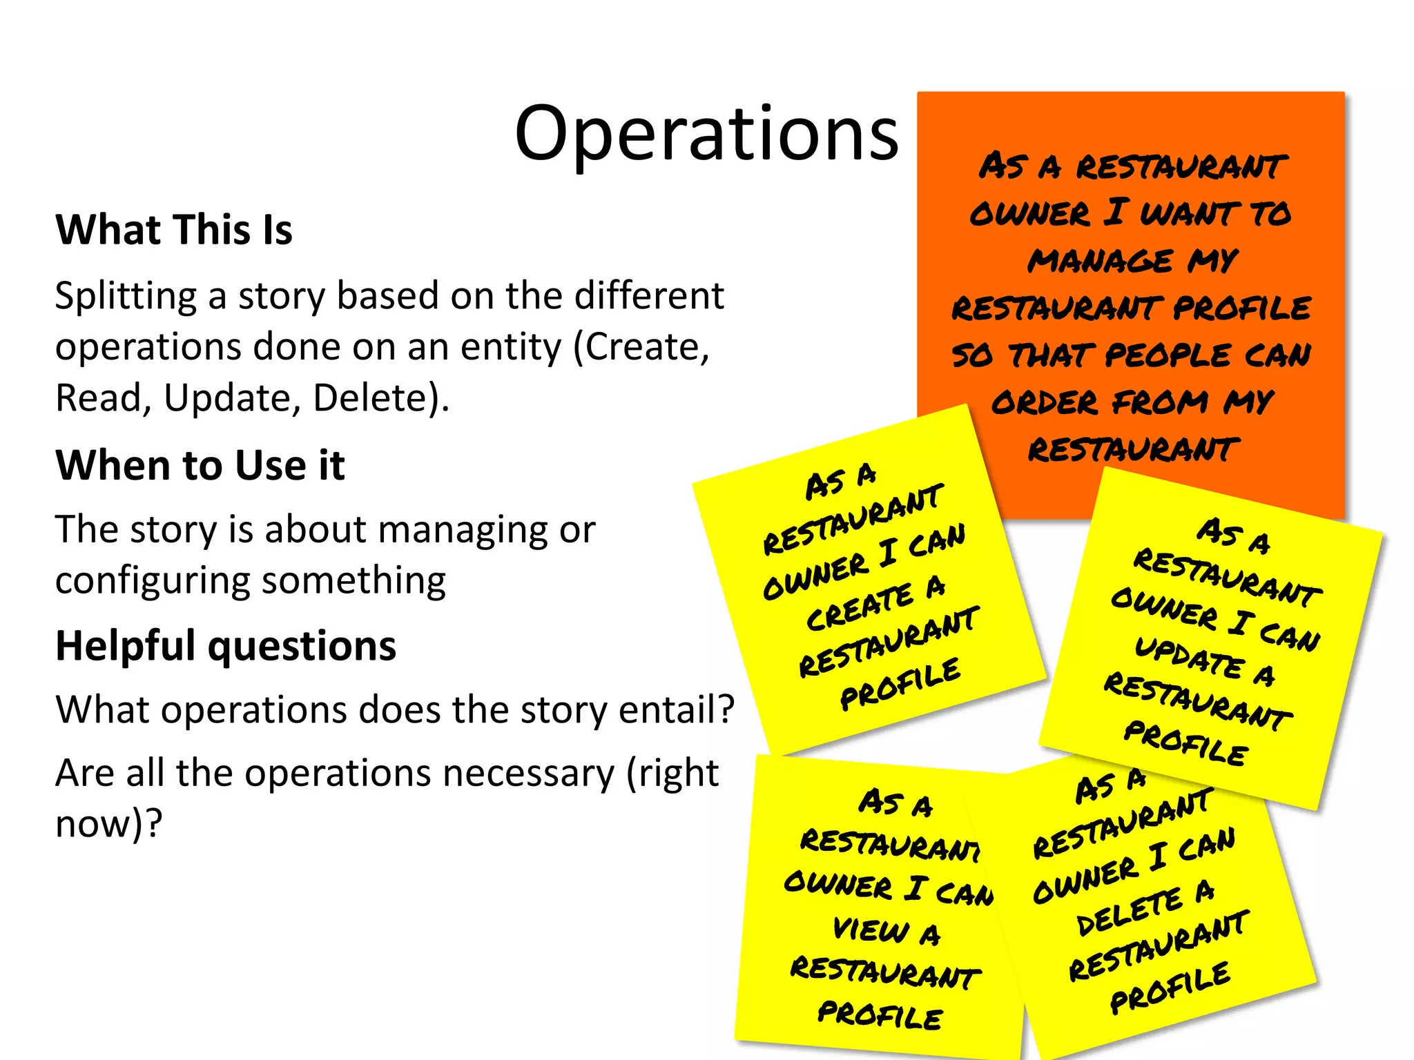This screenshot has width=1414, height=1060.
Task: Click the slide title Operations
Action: [x=706, y=133]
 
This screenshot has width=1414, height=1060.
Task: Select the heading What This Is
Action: [x=174, y=230]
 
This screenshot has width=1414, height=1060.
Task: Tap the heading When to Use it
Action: [x=200, y=465]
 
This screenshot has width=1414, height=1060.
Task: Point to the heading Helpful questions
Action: [x=226, y=646]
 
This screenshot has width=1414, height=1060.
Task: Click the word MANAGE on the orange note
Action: [x=1100, y=261]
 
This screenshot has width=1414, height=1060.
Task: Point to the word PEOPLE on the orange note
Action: [x=1168, y=355]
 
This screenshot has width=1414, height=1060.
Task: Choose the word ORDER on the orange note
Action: [x=1044, y=402]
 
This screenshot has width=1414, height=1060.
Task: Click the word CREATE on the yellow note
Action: [x=860, y=607]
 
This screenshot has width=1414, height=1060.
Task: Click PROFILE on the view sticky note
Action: [x=880, y=1014]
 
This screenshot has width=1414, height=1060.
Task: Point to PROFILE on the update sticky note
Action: [x=1185, y=743]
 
